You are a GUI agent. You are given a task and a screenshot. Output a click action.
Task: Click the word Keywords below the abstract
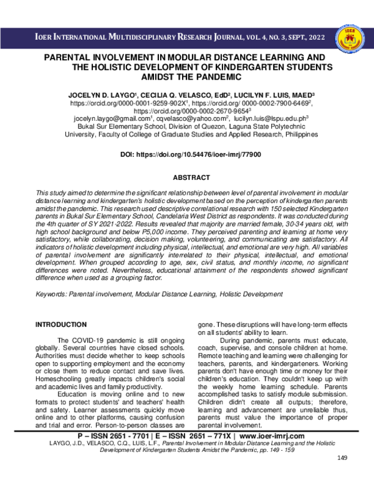click(x=52, y=294)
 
